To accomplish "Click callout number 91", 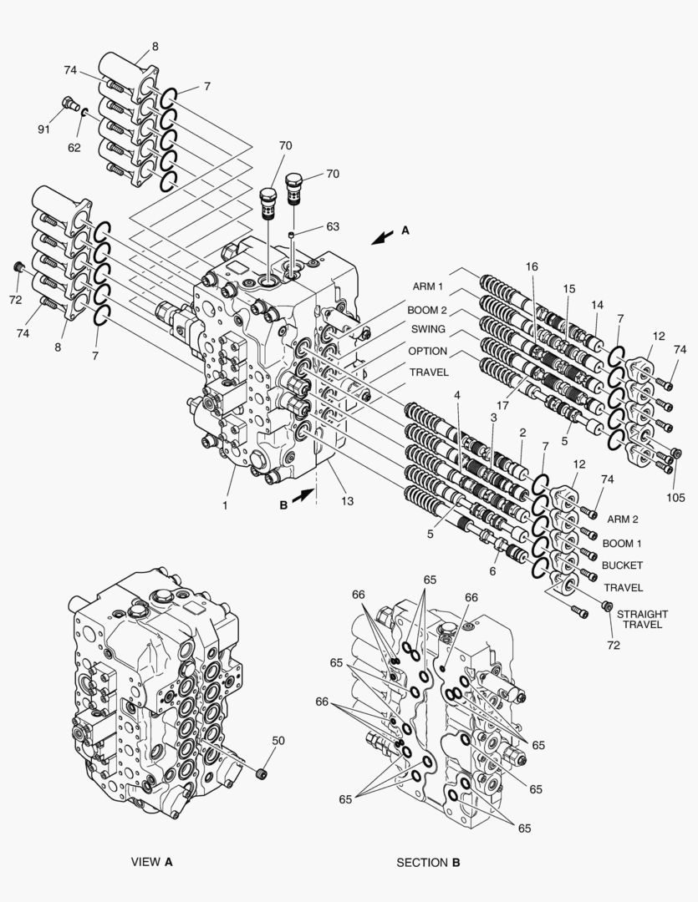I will [43, 129].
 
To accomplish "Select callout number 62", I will [74, 147].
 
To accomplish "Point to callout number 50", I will [278, 740].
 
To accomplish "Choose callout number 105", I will [676, 497].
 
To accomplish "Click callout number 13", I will [344, 501].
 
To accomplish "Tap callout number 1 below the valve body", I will [224, 504].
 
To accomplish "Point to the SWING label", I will [428, 330].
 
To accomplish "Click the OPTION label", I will [428, 351].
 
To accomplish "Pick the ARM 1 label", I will [427, 286].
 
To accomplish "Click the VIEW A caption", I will [151, 861].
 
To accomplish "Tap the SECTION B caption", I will [428, 862].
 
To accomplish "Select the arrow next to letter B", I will [304, 495].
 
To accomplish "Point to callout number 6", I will [492, 571].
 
